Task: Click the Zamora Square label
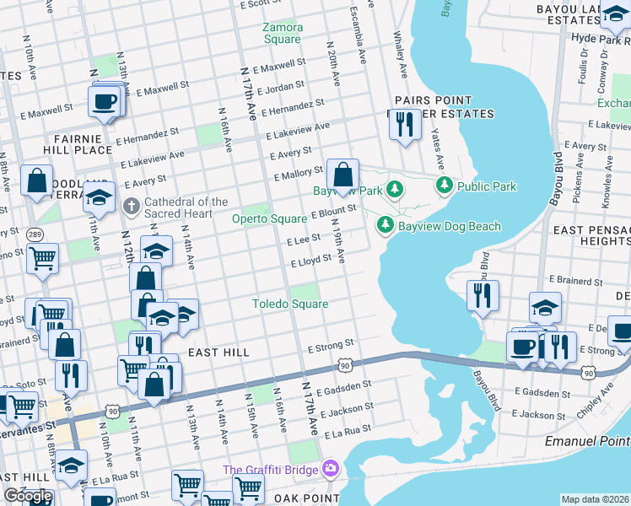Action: point(282,33)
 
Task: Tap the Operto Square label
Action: point(269,219)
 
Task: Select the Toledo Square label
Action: point(290,304)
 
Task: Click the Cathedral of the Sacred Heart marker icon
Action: point(131,206)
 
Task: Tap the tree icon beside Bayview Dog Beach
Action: point(385,225)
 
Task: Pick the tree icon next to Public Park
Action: point(443,186)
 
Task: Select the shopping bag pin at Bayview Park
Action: point(342,175)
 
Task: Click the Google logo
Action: point(28,496)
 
